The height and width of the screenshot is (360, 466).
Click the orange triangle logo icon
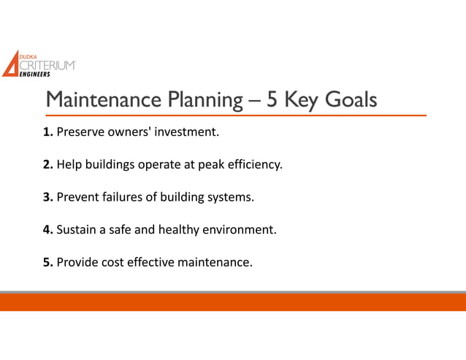click(x=10, y=64)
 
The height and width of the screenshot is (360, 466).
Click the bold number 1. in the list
click(x=48, y=133)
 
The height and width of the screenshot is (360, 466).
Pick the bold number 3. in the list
click(x=48, y=197)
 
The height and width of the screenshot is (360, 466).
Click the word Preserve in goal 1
click(x=80, y=133)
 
